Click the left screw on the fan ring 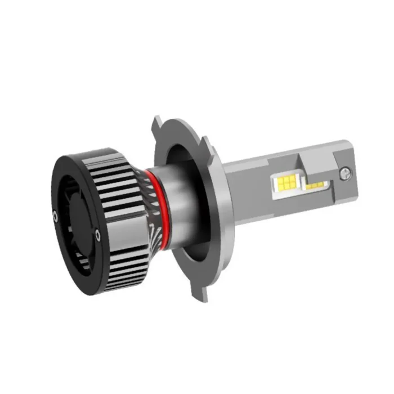(55, 214)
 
